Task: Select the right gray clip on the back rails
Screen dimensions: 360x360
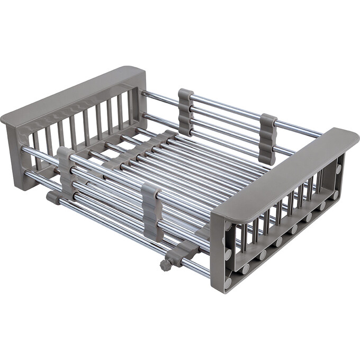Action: (267, 138)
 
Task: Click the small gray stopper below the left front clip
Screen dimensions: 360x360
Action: (53, 197)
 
